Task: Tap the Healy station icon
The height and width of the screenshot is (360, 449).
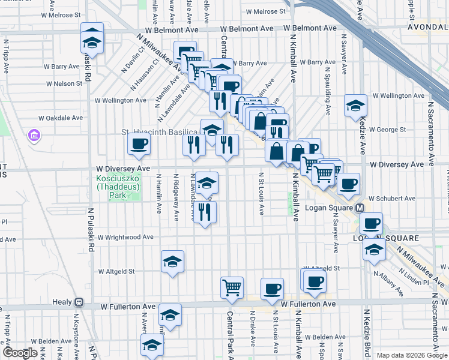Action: click(79, 302)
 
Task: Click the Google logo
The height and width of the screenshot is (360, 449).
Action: click(20, 353)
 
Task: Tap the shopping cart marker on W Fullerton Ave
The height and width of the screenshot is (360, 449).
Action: click(231, 287)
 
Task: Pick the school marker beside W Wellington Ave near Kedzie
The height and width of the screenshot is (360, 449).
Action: click(355, 106)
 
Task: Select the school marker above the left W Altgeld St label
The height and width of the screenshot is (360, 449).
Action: click(172, 262)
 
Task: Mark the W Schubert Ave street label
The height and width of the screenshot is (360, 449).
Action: click(392, 198)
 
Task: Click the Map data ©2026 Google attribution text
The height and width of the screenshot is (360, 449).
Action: click(411, 355)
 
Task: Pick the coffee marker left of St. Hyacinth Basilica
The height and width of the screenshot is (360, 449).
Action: click(139, 144)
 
